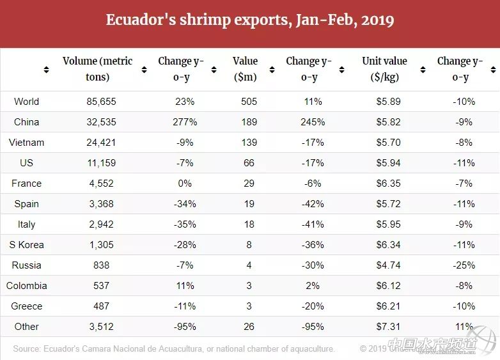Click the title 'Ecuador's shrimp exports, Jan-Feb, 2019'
(x=249, y=20)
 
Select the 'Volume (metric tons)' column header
(x=97, y=69)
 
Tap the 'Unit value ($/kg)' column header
(x=384, y=69)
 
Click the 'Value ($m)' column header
(x=245, y=69)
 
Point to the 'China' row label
(x=26, y=122)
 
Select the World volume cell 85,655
(x=101, y=102)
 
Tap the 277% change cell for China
(x=184, y=122)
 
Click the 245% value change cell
(x=313, y=122)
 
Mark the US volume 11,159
(x=101, y=163)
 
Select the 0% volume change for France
(x=184, y=184)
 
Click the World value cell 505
(x=249, y=102)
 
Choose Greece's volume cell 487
(x=101, y=306)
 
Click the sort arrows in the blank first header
(x=46, y=70)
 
